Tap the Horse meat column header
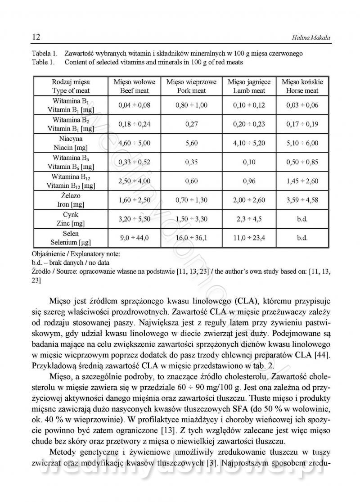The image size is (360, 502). coord(302,86)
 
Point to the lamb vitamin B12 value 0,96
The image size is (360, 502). coord(249,181)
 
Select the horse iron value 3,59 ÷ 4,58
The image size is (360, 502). coord(302,200)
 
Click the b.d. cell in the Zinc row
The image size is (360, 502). coord(302,219)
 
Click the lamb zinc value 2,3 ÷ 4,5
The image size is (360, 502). coord(249,219)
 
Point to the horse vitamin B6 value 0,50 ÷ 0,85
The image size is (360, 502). coord(302,162)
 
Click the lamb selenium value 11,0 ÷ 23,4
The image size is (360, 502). coord(249,238)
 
